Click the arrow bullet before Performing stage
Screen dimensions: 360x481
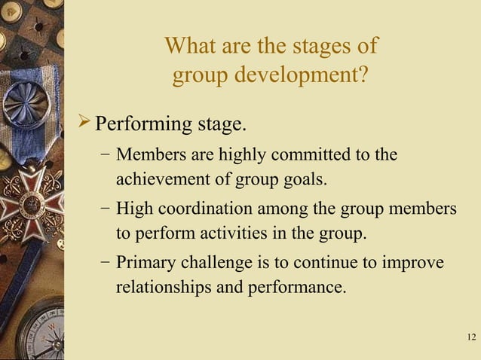point(85,121)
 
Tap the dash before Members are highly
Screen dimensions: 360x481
point(105,155)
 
